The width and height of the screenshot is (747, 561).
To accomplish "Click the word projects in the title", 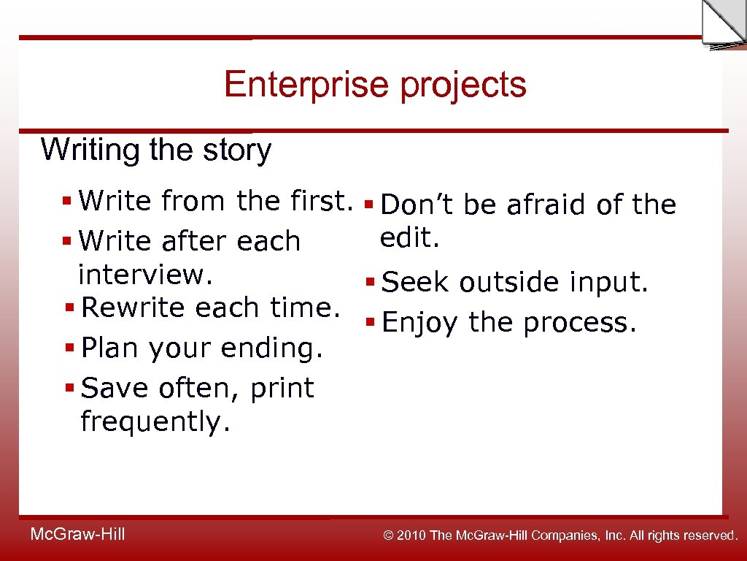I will (x=463, y=85).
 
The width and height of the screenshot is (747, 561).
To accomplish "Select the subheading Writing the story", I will (x=156, y=150).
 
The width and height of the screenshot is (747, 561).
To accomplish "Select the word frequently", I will (x=155, y=421).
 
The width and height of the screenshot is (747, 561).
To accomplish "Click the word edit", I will (x=409, y=237).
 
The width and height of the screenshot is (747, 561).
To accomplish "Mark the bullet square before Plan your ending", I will (x=68, y=349).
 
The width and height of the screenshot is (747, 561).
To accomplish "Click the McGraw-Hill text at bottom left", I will (x=77, y=535).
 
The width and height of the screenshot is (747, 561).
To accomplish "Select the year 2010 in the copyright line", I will (x=412, y=535).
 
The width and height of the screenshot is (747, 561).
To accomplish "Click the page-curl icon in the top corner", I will (x=723, y=24).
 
